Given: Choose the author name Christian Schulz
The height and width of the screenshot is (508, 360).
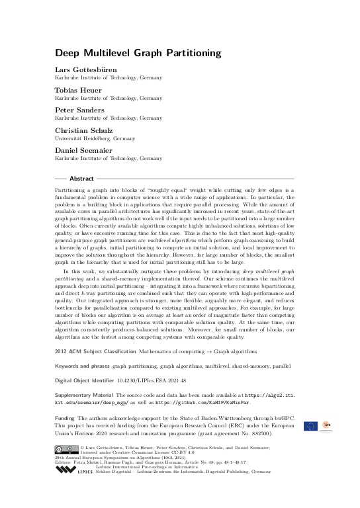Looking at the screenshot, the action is pos(82,132).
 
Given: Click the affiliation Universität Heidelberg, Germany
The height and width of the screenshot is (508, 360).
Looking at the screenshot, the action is pos(95,139).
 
